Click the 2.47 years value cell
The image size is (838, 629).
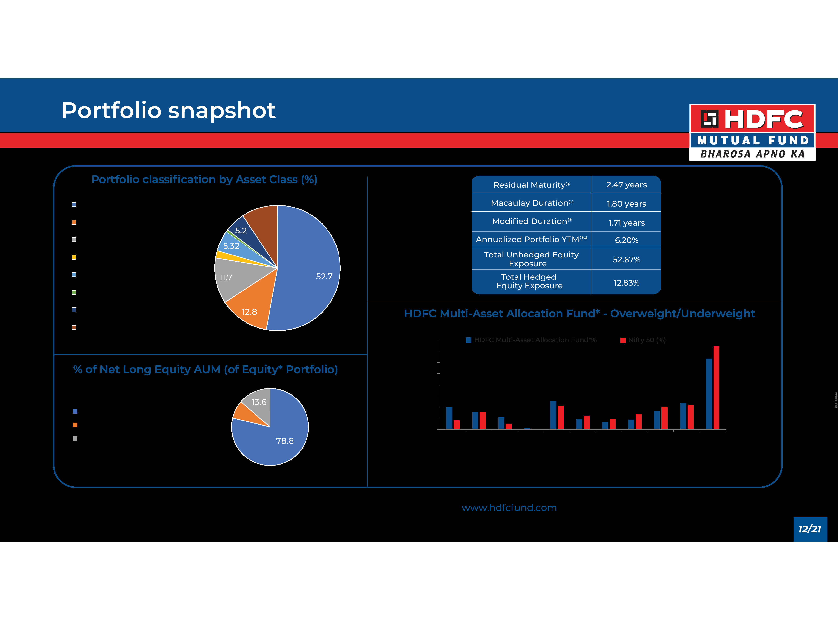pyautogui.click(x=626, y=185)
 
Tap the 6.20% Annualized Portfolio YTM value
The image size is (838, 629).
pyautogui.click(x=626, y=240)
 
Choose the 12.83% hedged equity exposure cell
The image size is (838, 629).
pyautogui.click(x=626, y=283)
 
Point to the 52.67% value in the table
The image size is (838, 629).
pyautogui.click(x=626, y=260)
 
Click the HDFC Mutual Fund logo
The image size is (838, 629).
pyautogui.click(x=752, y=132)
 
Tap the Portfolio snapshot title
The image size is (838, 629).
pyautogui.click(x=168, y=111)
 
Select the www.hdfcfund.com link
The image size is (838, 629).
pyautogui.click(x=509, y=508)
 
